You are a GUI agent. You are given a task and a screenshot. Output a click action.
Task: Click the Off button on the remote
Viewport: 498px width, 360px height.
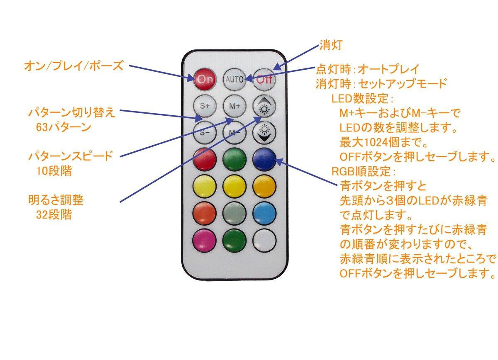264,79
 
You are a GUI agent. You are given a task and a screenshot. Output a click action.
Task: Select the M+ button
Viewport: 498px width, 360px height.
234,106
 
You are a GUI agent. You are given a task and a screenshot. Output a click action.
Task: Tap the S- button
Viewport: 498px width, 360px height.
205,133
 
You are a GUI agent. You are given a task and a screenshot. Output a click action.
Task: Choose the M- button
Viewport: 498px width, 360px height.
234,133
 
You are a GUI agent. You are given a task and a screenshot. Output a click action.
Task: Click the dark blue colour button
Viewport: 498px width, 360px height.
264,159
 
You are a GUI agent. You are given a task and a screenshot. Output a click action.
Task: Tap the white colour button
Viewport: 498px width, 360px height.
264,240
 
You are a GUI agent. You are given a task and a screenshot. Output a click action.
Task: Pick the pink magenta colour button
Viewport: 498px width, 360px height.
205,240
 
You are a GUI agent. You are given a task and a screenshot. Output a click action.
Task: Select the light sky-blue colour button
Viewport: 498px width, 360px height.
264,213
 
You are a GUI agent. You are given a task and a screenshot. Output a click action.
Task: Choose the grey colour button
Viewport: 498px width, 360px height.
234,213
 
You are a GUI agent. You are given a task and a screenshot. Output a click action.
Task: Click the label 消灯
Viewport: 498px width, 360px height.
331,45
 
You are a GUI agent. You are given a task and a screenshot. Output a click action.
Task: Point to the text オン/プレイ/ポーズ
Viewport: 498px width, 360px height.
73,66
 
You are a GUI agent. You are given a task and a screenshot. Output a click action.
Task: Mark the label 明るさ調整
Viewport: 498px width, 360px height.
56,200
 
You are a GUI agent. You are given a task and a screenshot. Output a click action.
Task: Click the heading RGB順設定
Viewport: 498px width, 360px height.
361,171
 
